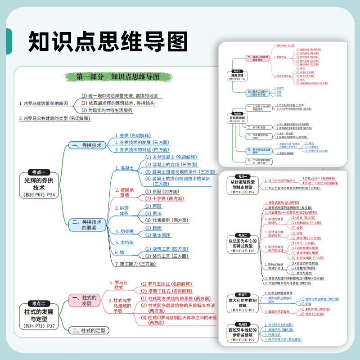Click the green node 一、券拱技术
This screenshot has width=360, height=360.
coord(87,145)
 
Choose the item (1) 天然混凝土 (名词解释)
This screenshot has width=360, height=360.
coord(171,157)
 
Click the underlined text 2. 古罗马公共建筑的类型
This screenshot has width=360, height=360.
coord(55,118)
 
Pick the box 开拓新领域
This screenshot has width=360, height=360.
coord(237,118)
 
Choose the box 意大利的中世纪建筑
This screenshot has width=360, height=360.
coord(244,303)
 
